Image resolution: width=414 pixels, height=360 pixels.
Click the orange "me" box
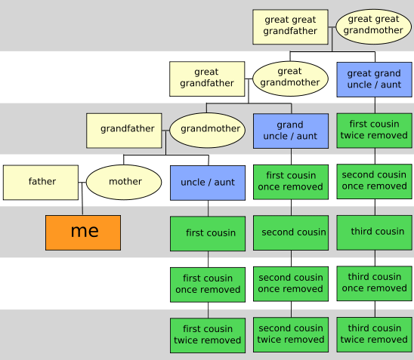point(83,232)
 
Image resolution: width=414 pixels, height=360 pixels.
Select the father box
point(41,183)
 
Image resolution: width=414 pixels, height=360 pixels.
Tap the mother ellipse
point(124,182)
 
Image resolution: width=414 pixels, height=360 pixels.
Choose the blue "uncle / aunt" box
point(208,183)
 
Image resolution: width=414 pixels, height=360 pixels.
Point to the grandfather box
point(124,131)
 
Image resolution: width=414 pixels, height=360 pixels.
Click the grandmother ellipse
point(207,131)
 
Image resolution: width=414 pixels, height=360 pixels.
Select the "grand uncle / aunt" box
point(291,131)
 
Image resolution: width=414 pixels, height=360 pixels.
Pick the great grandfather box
point(207,78)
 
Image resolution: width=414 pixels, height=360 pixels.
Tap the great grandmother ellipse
point(290,78)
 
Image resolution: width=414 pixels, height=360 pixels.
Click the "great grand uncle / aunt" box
point(375,79)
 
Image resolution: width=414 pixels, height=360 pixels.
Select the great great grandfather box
point(290,27)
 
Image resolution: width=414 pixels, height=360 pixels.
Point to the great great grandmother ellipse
point(374,26)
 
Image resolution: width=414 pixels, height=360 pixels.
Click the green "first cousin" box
point(208,234)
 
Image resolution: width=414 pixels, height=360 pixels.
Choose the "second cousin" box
point(291,233)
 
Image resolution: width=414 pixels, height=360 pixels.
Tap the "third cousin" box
point(375,232)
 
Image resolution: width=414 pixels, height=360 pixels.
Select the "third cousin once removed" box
point(375,284)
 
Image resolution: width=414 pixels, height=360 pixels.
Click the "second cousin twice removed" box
point(291,335)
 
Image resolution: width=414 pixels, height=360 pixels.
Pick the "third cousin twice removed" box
point(375,334)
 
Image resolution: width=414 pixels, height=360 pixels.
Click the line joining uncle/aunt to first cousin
point(208,208)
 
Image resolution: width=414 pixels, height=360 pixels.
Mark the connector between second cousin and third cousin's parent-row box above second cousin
point(291,208)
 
